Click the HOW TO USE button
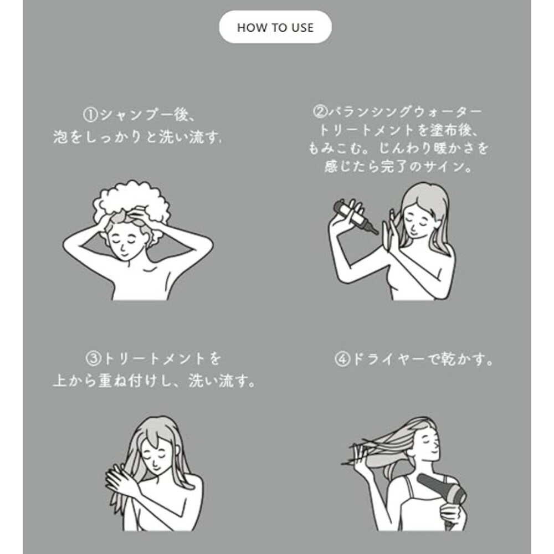click(275, 27)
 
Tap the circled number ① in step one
click(90, 115)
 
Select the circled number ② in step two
click(320, 112)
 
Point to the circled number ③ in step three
click(93, 359)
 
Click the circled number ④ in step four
click(342, 360)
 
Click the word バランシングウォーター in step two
click(405, 112)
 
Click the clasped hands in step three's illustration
click(120, 479)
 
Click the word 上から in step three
click(75, 381)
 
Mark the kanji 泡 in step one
click(60, 137)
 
